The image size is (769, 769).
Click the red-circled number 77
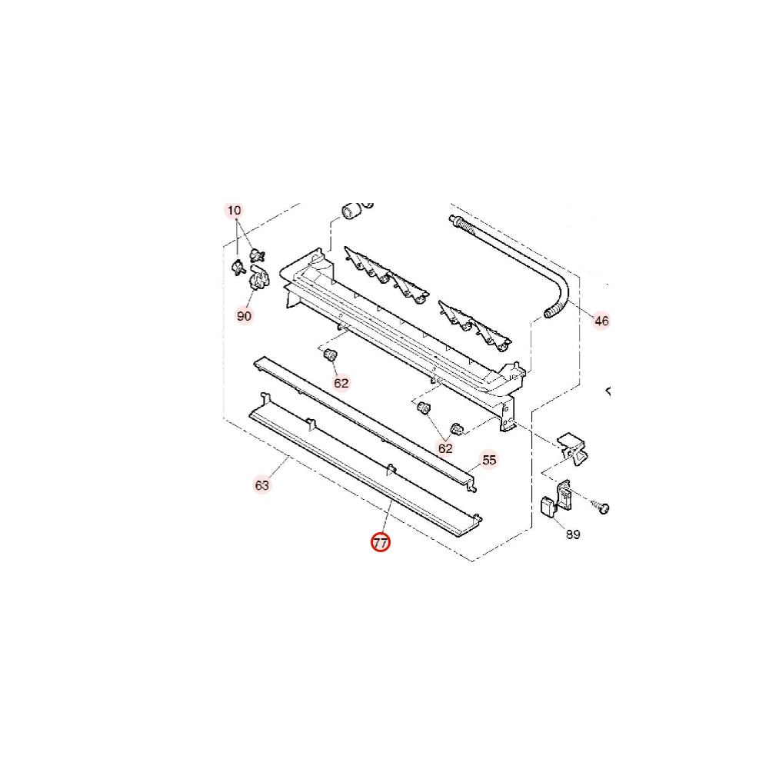click(x=380, y=542)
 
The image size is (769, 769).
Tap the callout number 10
click(x=235, y=211)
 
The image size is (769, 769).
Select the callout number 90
click(x=245, y=316)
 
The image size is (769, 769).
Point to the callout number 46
click(x=601, y=321)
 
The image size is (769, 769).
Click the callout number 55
click(x=489, y=460)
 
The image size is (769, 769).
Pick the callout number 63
click(x=262, y=485)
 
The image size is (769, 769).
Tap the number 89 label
click(x=573, y=534)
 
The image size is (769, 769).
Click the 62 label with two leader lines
click(x=445, y=448)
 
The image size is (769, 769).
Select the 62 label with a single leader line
click(x=341, y=383)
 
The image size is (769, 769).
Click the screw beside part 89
click(x=601, y=507)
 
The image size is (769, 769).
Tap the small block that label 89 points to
click(x=547, y=507)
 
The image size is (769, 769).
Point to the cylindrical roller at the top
click(x=351, y=211)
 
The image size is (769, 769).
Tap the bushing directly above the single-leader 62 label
click(x=331, y=354)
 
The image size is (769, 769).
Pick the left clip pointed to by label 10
click(x=238, y=268)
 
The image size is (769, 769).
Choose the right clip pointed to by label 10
click(x=257, y=255)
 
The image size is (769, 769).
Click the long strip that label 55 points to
click(x=365, y=423)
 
